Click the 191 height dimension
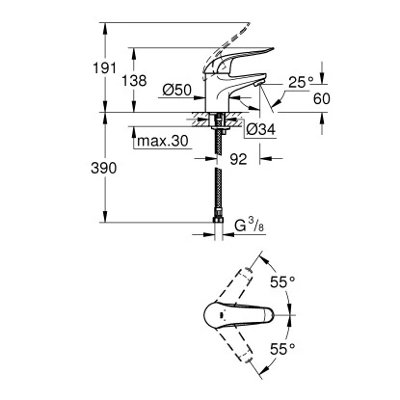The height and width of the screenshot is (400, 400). pos(104,68)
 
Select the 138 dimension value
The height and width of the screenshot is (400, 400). pos(134,81)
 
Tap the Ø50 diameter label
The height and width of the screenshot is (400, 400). pos(177,91)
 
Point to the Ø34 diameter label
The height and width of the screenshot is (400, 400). pos(261,129)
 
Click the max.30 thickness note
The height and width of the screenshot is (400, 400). pos(162,141)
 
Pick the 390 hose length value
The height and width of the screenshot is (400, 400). pos(104,168)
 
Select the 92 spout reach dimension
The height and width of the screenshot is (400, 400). pos(238,159)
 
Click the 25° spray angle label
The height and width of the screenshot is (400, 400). pos(301,83)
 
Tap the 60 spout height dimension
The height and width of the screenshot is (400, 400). pos(322,99)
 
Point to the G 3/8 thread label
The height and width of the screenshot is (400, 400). pos(249,226)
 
